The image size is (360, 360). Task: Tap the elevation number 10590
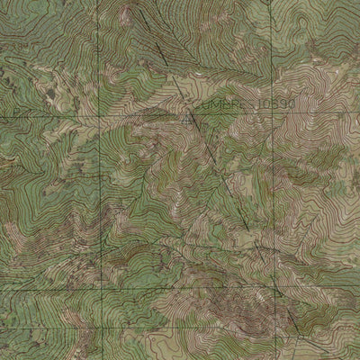pos(276,105)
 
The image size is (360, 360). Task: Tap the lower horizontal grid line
pos(180,291)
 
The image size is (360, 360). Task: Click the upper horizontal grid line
pos(54,116)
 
